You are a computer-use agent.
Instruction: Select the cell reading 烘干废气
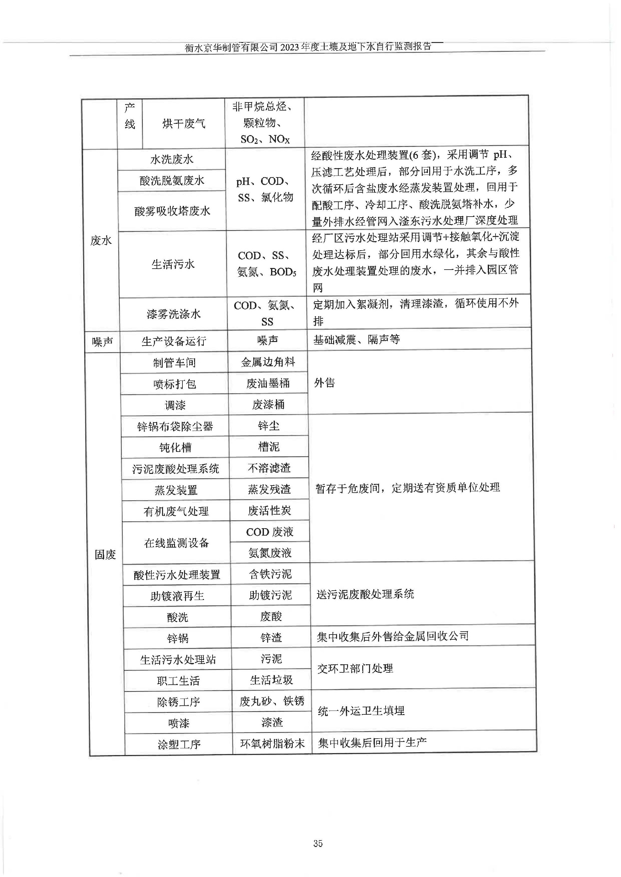pyautogui.click(x=183, y=123)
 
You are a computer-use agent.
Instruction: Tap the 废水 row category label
pyautogui.click(x=101, y=241)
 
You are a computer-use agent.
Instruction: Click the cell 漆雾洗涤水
pyautogui.click(x=174, y=314)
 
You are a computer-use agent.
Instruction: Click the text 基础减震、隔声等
pyautogui.click(x=356, y=339)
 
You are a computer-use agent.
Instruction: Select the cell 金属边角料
pyautogui.click(x=268, y=362)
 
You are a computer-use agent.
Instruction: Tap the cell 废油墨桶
pyautogui.click(x=268, y=383)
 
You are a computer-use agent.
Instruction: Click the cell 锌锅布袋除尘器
pyautogui.click(x=175, y=426)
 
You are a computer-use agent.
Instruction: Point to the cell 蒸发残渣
pyautogui.click(x=269, y=489)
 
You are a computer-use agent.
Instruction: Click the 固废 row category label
pyautogui.click(x=105, y=554)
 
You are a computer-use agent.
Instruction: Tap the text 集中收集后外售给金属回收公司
pyautogui.click(x=393, y=636)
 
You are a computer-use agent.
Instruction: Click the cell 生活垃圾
pyautogui.click(x=271, y=680)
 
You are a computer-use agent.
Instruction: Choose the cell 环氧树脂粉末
pyautogui.click(x=272, y=743)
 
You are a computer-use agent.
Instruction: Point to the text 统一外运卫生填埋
pyautogui.click(x=361, y=711)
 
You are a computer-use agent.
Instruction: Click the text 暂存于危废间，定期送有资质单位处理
pyautogui.click(x=408, y=487)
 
